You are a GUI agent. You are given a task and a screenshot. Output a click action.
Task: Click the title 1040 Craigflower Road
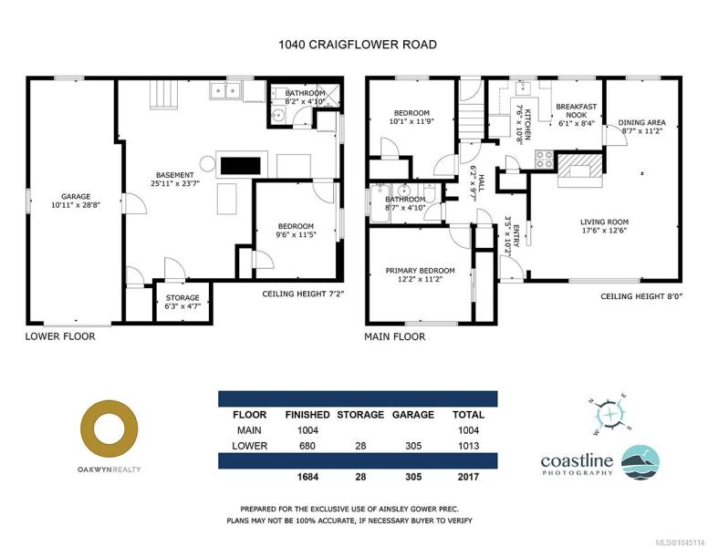click(358, 45)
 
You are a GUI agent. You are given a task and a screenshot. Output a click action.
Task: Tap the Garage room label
click(76, 196)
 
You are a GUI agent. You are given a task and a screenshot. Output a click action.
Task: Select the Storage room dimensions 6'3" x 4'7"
click(182, 306)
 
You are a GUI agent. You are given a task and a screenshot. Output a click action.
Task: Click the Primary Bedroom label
click(420, 271)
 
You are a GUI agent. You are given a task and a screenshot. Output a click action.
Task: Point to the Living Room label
click(604, 222)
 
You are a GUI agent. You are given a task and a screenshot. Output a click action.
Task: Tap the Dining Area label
click(641, 122)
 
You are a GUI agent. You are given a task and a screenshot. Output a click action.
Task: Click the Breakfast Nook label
click(576, 110)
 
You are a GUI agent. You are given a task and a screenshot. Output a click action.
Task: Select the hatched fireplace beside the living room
click(580, 170)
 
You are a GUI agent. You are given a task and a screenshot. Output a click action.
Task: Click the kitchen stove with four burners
click(544, 159)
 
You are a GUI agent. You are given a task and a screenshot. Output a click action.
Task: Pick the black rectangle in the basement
click(240, 166)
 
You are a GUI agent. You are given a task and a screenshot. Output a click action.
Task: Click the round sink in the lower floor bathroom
click(277, 115)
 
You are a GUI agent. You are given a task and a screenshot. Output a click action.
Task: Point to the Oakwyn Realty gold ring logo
click(109, 429)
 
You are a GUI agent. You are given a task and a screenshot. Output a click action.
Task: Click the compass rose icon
click(610, 414)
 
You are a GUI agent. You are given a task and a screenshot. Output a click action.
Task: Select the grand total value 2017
click(468, 477)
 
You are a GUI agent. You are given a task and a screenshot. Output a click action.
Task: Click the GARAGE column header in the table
click(413, 415)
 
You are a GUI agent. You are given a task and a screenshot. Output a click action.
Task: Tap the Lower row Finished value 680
click(307, 446)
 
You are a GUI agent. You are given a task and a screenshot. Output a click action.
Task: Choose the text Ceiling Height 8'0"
click(641, 296)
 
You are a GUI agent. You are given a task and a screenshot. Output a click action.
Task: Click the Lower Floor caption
click(60, 336)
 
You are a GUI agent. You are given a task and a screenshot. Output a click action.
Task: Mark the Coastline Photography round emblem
click(640, 462)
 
